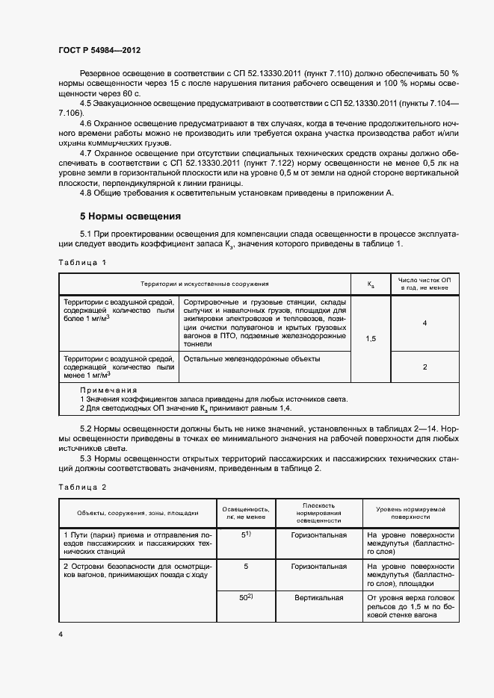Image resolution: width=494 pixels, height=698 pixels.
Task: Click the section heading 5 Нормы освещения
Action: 130,216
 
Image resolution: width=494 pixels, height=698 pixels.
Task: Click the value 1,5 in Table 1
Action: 371,338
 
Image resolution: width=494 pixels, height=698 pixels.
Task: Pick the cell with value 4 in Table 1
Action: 424,322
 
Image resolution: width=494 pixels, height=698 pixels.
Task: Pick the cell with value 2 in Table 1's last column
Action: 424,367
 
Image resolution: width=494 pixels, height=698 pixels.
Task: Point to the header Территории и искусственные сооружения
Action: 204,284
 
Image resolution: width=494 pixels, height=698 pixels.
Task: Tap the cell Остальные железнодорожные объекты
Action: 252,359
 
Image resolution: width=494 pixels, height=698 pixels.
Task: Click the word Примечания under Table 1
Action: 108,390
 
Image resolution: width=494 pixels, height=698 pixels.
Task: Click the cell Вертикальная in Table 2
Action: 318,598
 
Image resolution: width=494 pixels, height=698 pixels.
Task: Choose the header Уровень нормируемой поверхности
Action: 410,511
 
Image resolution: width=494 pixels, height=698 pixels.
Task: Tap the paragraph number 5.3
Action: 86,458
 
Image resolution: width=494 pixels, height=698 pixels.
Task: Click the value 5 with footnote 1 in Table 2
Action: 245,535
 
